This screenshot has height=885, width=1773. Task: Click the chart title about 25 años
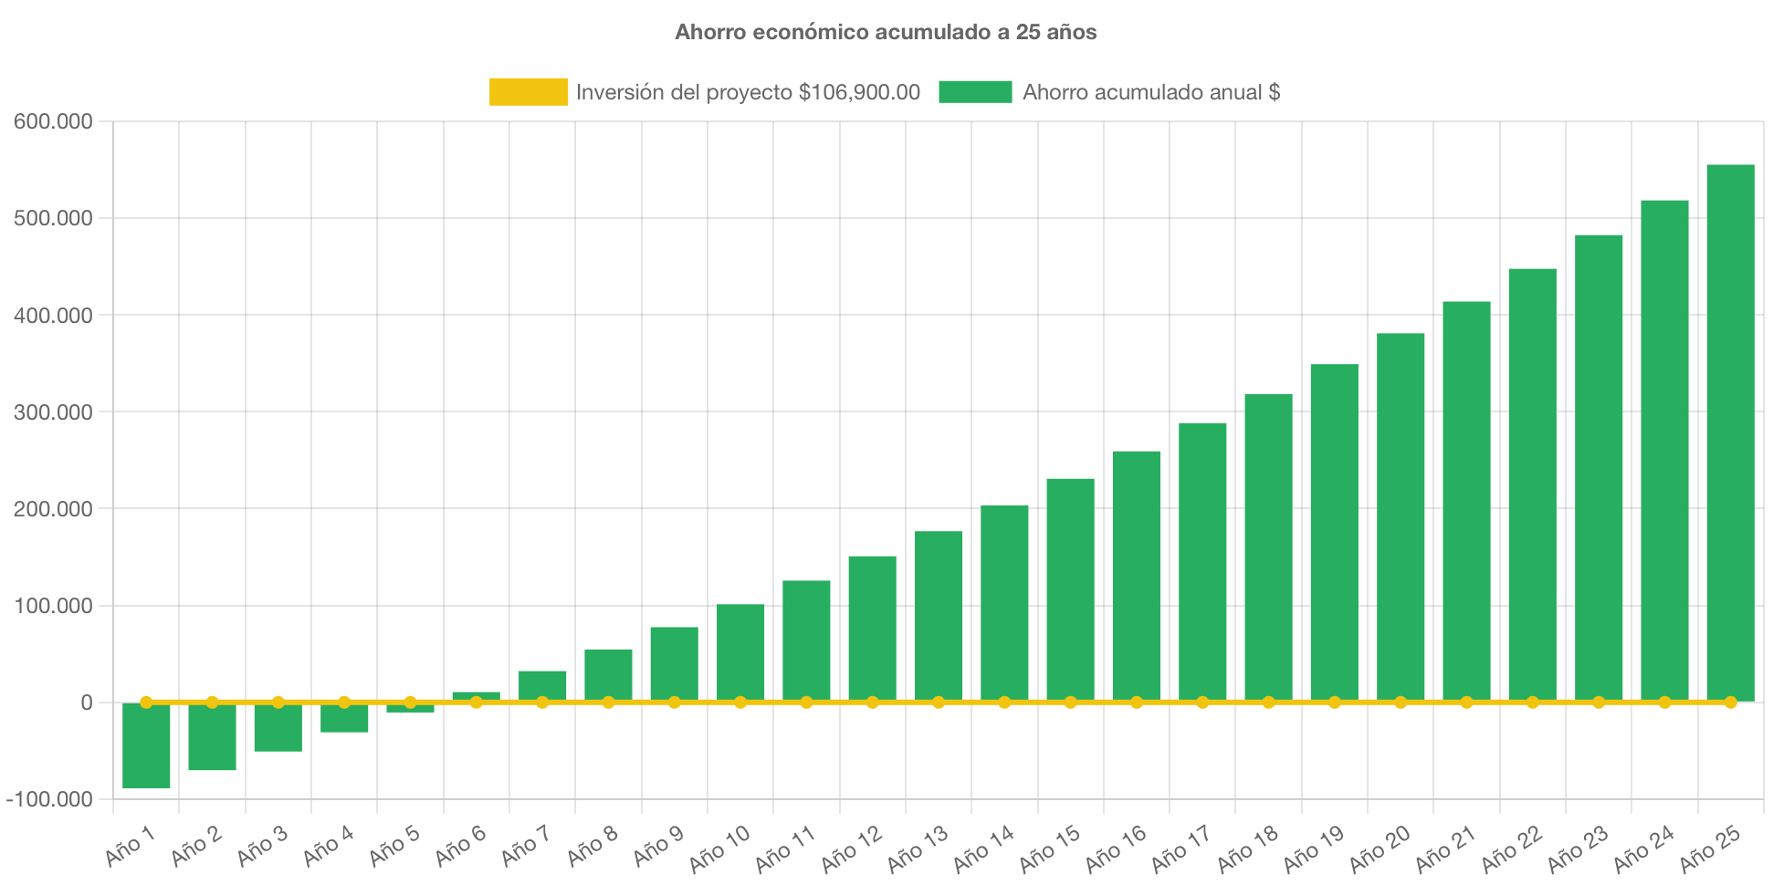[886, 32]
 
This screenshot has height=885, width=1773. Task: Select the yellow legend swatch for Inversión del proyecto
[528, 92]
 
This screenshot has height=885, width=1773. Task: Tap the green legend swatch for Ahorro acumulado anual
[975, 92]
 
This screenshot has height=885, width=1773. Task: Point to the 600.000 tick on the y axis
[53, 122]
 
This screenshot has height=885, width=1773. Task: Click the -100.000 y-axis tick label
[49, 800]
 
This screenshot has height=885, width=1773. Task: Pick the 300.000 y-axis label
[53, 413]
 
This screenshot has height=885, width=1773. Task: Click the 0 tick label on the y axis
[86, 703]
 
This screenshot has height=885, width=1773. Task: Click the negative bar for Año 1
[146, 746]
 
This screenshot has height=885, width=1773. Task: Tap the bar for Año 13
[939, 616]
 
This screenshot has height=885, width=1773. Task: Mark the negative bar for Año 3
[278, 728]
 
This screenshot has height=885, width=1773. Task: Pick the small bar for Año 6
[476, 695]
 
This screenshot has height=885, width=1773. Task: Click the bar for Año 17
[1202, 561]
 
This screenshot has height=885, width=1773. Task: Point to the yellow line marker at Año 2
[212, 703]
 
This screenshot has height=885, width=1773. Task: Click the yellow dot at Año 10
[740, 703]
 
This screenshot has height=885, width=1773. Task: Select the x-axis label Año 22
[1512, 849]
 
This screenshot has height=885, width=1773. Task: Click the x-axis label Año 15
[1050, 849]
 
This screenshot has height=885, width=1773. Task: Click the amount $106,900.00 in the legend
[859, 92]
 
